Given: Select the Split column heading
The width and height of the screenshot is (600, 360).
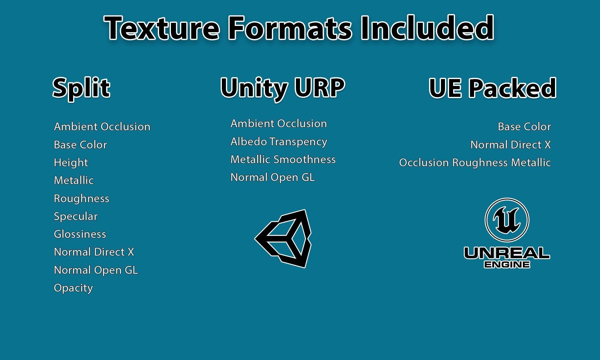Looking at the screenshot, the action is click(x=81, y=88).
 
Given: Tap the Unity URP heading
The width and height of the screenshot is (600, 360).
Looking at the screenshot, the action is click(x=282, y=88).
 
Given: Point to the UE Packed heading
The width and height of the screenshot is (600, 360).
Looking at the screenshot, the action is click(x=492, y=88).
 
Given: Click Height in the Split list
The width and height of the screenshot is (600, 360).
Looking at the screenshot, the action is click(x=71, y=162).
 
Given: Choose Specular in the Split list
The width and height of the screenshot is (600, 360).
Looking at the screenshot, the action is click(x=76, y=216).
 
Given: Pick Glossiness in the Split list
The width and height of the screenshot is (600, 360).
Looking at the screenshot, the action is click(x=80, y=234).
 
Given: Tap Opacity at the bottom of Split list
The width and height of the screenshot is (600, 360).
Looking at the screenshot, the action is click(x=73, y=288).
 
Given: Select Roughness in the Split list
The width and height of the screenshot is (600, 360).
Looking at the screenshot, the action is click(x=82, y=198).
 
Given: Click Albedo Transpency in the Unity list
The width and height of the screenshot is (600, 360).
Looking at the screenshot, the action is click(x=279, y=142).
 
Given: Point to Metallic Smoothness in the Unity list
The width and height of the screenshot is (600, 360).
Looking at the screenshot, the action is click(x=283, y=159).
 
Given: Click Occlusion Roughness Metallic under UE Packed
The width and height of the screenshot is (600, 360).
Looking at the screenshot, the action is click(x=475, y=162).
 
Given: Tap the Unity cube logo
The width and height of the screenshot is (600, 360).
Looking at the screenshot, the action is click(x=283, y=239).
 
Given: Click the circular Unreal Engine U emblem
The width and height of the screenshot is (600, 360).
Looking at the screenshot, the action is click(x=507, y=220).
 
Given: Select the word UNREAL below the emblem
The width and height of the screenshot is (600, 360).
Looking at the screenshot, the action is click(x=507, y=253).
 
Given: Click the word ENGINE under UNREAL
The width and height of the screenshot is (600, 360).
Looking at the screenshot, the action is click(x=507, y=265).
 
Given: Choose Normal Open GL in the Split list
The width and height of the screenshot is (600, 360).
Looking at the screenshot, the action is click(x=96, y=270).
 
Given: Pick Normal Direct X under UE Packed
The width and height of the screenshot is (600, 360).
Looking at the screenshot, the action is click(x=511, y=145).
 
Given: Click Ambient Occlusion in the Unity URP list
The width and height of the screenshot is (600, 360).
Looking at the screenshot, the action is click(x=279, y=123).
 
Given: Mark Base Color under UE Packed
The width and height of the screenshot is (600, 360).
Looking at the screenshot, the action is click(x=524, y=127).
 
